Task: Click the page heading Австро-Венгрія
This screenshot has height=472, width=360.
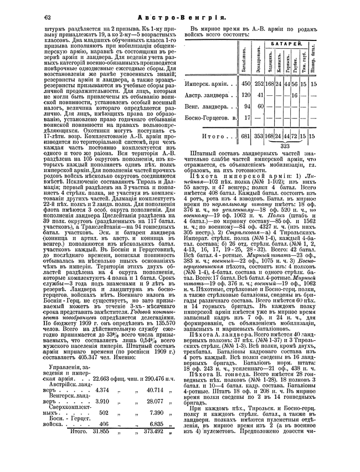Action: pyautogui.click(x=179, y=17)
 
